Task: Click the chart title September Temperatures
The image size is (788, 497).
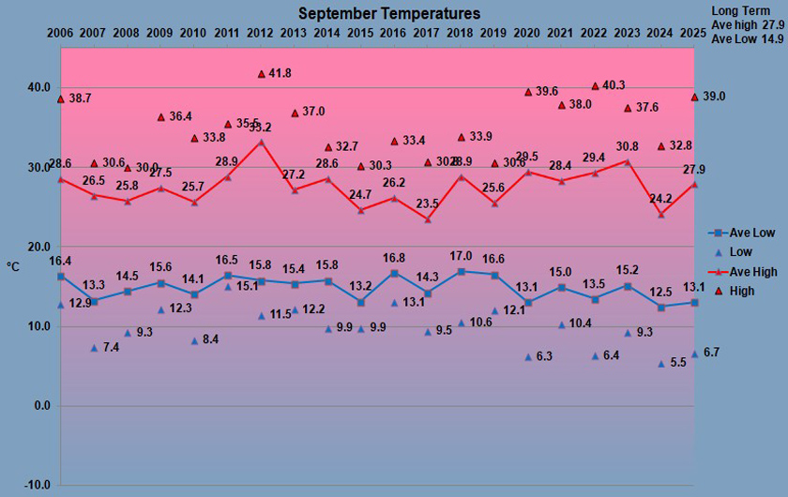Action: pyautogui.click(x=389, y=13)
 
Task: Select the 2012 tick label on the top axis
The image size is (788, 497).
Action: pyautogui.click(x=261, y=34)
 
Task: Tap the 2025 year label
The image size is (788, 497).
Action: pyautogui.click(x=694, y=34)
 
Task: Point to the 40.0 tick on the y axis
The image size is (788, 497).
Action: pyautogui.click(x=38, y=87)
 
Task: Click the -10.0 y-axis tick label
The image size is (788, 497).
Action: pyautogui.click(x=37, y=485)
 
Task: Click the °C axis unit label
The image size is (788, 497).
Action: pyautogui.click(x=13, y=267)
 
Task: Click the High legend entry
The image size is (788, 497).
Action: pyautogui.click(x=741, y=291)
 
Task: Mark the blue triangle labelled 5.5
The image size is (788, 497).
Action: pyautogui.click(x=661, y=363)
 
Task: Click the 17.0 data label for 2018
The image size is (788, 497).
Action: pyautogui.click(x=461, y=255)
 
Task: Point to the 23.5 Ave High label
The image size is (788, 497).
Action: pyautogui.click(x=428, y=203)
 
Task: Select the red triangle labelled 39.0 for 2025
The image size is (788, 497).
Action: pyautogui.click(x=694, y=97)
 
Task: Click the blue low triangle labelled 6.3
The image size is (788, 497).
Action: pyautogui.click(x=528, y=356)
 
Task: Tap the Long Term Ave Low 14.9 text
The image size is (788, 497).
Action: pyautogui.click(x=748, y=39)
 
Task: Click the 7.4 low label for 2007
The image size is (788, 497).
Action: pyautogui.click(x=111, y=348)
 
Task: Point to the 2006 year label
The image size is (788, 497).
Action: pyautogui.click(x=60, y=34)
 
